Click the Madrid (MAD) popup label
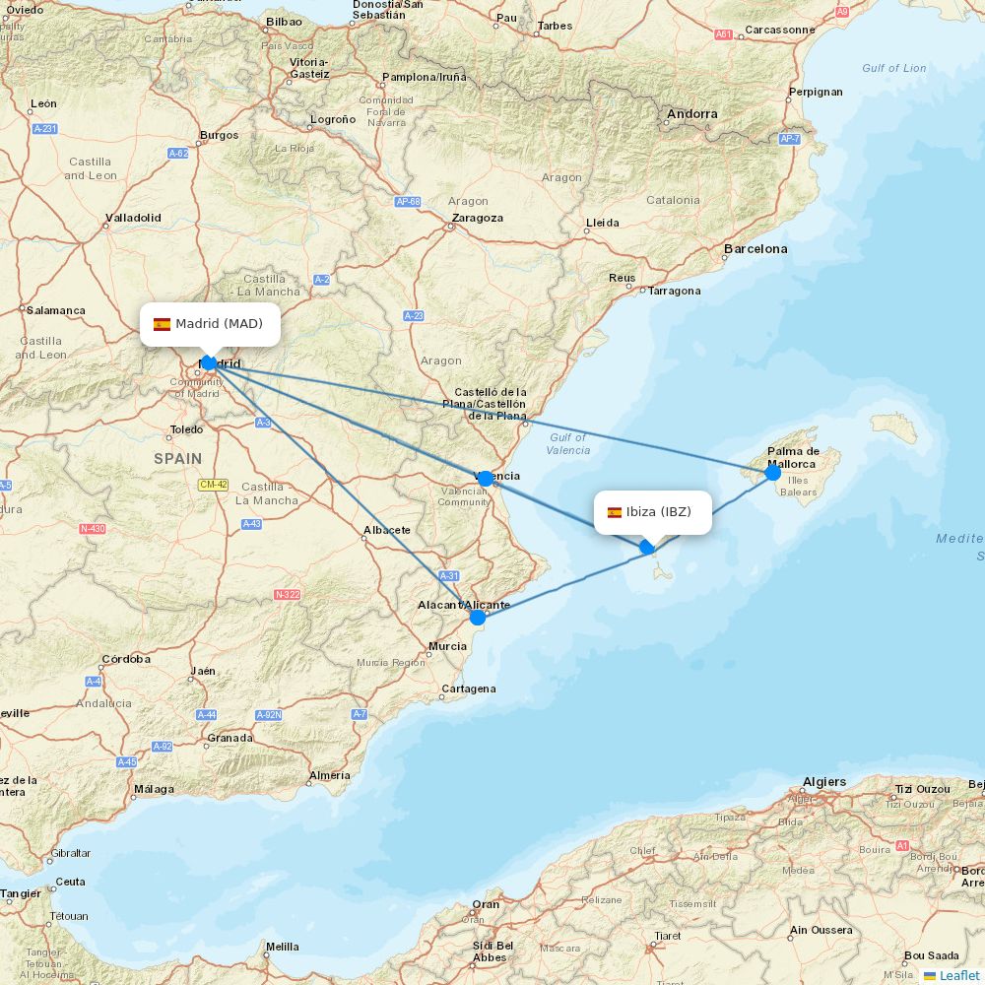[x=210, y=324]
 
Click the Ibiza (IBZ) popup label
[x=652, y=512]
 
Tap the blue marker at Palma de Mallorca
[x=772, y=473]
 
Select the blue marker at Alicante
[x=478, y=618]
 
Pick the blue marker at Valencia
[x=485, y=479]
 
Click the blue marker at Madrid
[x=209, y=363]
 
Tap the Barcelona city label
[x=755, y=249]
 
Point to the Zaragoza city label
[x=477, y=218]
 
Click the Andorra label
[x=692, y=114]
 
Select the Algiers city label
[x=824, y=782]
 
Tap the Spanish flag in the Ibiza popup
[x=615, y=512]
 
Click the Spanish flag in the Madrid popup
[x=162, y=324]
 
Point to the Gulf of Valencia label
[x=568, y=443]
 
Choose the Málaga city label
[x=154, y=789]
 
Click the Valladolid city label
[x=133, y=218]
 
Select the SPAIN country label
[x=177, y=458]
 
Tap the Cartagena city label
[x=469, y=689]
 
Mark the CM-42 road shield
[x=213, y=485]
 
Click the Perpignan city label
[x=816, y=92]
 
